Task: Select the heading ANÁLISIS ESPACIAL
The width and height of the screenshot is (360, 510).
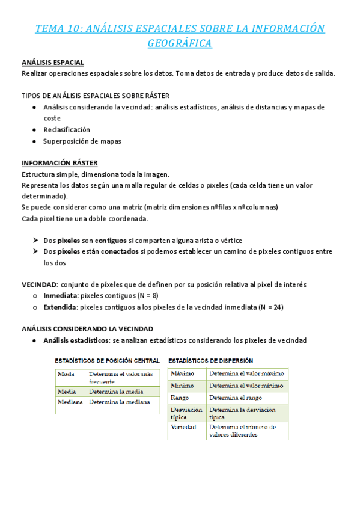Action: coord(53,63)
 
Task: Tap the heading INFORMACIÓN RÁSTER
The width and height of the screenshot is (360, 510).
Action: coord(59,163)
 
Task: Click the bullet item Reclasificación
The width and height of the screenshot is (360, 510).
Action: coord(67,129)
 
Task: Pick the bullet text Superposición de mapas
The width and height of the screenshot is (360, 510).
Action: coord(82,141)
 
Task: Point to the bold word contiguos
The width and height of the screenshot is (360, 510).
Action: coord(111,240)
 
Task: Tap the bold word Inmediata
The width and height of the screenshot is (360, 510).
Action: coord(60,295)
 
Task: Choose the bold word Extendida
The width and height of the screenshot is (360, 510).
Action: coord(60,307)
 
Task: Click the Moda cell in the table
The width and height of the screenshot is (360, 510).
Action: coord(66,374)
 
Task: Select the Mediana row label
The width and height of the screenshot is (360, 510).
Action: coord(70,402)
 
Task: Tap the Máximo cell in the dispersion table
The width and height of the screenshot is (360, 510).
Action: coord(183,373)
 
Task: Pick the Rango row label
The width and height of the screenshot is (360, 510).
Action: coord(180,398)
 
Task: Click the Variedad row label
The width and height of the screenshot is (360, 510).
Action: coord(184,427)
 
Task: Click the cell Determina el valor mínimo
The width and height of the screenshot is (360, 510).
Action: coord(246,386)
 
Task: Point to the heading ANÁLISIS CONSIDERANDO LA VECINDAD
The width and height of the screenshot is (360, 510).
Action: coord(87,329)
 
